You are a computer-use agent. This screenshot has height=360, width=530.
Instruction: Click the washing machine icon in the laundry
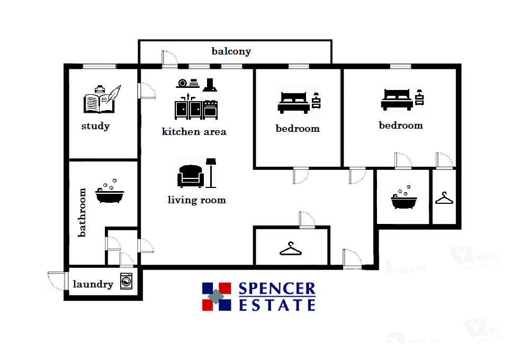point(126,281)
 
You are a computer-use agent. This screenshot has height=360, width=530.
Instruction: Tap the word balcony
point(231,51)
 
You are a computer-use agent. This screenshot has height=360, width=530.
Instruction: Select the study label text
point(95,126)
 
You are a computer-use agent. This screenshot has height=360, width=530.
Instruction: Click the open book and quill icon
point(101,100)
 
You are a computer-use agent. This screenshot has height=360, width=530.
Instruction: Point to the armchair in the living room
point(190,176)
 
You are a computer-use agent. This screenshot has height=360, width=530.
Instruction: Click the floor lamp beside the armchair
point(212,172)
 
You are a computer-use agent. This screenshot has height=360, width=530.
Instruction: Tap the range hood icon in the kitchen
point(210,84)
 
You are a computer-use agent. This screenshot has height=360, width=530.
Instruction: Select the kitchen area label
point(194,131)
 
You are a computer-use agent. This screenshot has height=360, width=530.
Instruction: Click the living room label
point(196,200)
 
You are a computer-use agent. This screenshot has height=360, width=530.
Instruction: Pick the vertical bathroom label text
point(82,212)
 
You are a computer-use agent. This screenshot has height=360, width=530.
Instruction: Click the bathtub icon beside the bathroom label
point(110,194)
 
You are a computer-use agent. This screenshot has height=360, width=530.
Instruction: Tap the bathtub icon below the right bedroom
point(403,200)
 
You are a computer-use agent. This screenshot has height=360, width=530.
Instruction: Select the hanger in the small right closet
point(444,199)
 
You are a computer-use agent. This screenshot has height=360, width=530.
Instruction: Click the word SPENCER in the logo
point(277,289)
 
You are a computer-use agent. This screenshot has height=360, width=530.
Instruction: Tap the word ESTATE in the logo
point(277,305)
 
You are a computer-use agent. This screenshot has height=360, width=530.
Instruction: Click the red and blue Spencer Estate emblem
point(217,296)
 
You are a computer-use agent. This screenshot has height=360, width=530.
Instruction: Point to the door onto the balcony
point(169,59)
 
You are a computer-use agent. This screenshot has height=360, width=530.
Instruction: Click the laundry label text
point(93,284)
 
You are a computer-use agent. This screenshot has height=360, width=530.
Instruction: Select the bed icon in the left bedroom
point(293,101)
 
